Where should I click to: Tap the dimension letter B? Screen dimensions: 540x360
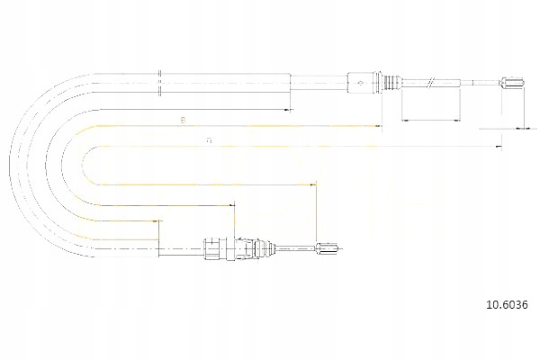[x=183, y=119]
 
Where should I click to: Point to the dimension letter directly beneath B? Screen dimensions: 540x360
[x=209, y=139]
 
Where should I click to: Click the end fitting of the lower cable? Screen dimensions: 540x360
[x=328, y=248]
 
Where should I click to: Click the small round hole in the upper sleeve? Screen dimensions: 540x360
[x=361, y=85]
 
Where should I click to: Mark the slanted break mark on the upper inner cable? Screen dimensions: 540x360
[x=432, y=85]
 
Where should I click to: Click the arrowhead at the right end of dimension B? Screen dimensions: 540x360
[x=290, y=109]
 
